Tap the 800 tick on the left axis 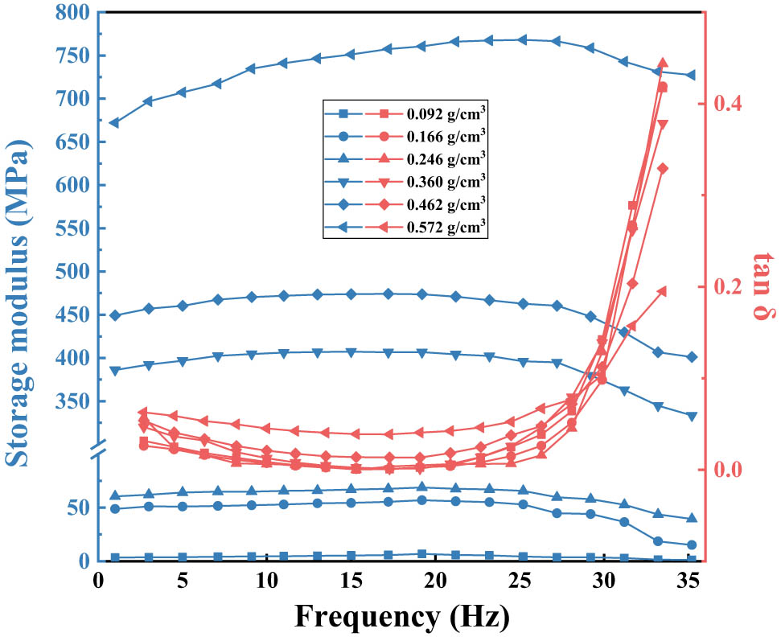click(72, 13)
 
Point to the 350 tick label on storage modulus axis click(72, 401)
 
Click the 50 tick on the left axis click(79, 508)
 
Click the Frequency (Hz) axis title click(401, 615)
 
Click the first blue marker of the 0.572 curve click(115, 123)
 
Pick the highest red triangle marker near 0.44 click(663, 63)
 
